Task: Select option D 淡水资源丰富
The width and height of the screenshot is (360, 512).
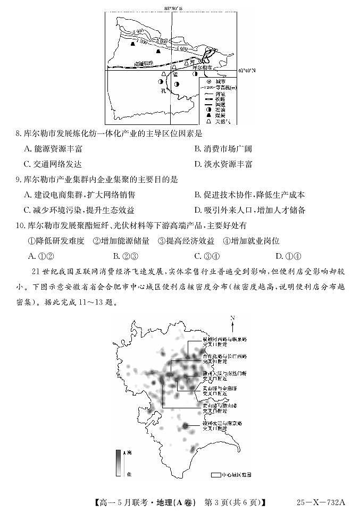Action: point(223,164)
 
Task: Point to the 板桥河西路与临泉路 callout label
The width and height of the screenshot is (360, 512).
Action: point(225,341)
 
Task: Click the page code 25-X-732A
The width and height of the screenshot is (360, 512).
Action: point(321,501)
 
